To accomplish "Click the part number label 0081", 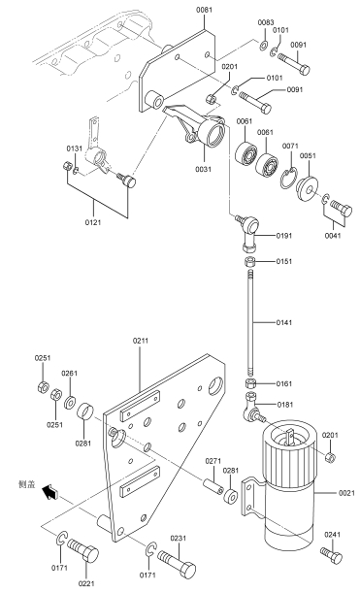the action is click(x=204, y=10).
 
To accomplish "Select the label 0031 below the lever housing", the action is click(x=204, y=169).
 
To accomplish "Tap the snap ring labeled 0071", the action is click(x=289, y=179).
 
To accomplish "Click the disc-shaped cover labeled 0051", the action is click(x=307, y=188).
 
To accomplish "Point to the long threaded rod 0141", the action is click(x=250, y=322).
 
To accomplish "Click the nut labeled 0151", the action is click(x=250, y=262).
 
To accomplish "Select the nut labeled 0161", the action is click(x=250, y=383).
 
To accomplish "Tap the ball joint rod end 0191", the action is click(x=249, y=232).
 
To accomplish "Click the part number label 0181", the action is click(x=284, y=405).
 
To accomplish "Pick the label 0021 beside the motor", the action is click(x=346, y=493).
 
